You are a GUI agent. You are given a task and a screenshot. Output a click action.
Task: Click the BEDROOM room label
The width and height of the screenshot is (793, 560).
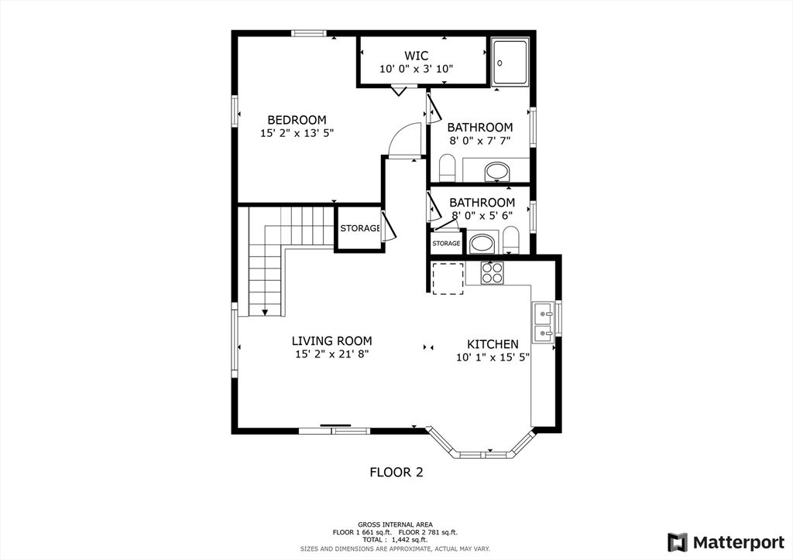pyautogui.click(x=297, y=120)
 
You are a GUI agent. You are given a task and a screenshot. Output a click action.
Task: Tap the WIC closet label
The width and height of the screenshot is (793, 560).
pyautogui.click(x=416, y=56)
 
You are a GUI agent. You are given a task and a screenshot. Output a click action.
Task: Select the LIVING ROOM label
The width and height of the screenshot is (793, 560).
pyautogui.click(x=331, y=340)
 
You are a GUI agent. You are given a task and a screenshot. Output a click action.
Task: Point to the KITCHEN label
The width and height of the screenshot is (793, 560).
pyautogui.click(x=493, y=344)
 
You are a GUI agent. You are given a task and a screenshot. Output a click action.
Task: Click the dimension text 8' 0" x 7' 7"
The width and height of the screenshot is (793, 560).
pyautogui.click(x=480, y=141)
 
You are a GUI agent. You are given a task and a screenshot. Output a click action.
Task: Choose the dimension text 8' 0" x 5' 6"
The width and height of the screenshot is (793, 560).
pyautogui.click(x=481, y=216)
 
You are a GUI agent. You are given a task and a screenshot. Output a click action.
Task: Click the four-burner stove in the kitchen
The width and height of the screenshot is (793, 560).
pyautogui.click(x=492, y=272)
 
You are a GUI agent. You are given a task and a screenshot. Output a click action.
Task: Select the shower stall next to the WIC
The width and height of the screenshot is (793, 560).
pyautogui.click(x=511, y=61)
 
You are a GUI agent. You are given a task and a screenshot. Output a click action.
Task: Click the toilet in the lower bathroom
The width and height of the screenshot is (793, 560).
pyautogui.click(x=510, y=240)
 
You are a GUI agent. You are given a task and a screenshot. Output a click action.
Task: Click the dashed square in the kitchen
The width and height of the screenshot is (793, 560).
pyautogui.click(x=448, y=278)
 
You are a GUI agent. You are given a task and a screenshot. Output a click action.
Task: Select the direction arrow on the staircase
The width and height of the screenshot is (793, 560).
pyautogui.click(x=265, y=311)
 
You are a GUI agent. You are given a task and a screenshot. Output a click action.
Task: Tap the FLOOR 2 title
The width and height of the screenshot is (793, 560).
pyautogui.click(x=396, y=472)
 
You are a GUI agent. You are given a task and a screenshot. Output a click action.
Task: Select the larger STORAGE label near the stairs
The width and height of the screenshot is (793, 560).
pyautogui.click(x=359, y=228)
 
